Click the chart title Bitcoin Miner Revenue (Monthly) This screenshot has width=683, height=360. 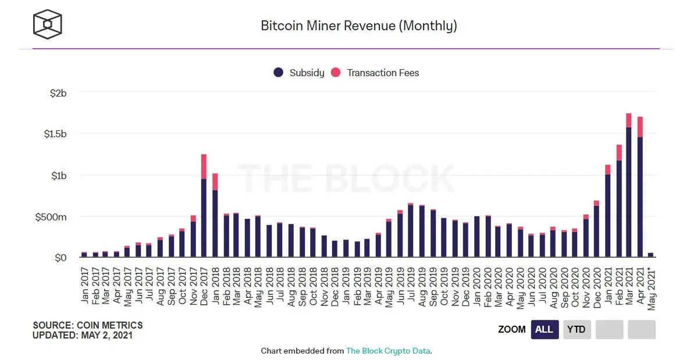click(x=358, y=26)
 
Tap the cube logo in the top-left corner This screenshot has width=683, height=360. click(x=47, y=24)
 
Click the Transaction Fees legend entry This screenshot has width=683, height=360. click(x=375, y=73)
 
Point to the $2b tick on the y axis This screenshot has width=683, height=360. click(x=58, y=93)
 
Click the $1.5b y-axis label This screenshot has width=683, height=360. click(x=55, y=134)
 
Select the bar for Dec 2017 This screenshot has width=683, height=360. click(x=204, y=215)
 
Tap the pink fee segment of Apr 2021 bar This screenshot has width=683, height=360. click(x=640, y=127)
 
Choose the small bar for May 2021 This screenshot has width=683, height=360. click(x=650, y=255)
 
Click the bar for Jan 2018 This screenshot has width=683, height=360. click(x=215, y=221)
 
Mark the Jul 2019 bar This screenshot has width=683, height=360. click(x=411, y=230)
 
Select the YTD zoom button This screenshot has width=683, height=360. click(x=577, y=329)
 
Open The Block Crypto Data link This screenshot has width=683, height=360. click(x=388, y=351)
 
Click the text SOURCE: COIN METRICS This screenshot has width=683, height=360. click(x=87, y=326)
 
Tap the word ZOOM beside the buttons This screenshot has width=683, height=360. click(x=511, y=329)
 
